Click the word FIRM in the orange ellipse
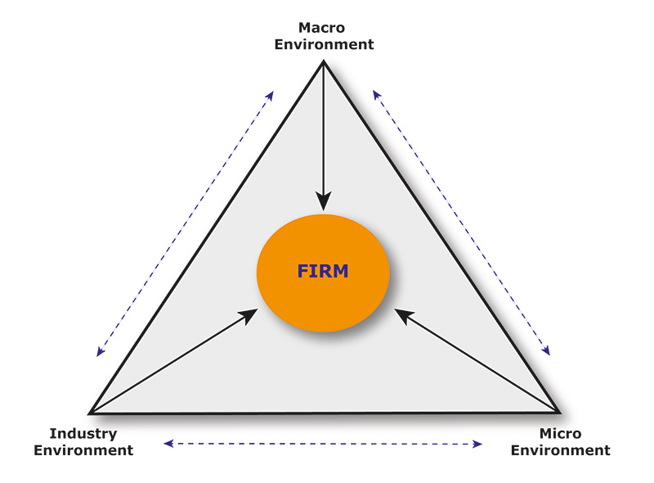pyautogui.click(x=322, y=272)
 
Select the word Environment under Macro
pyautogui.click(x=324, y=44)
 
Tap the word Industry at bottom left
pyautogui.click(x=83, y=434)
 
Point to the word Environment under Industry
pyautogui.click(x=83, y=450)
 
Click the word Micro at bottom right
pyautogui.click(x=560, y=434)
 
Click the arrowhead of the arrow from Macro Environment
pyautogui.click(x=324, y=201)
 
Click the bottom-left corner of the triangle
pyautogui.click(x=90, y=413)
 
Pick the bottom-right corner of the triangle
pyautogui.click(x=560, y=412)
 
